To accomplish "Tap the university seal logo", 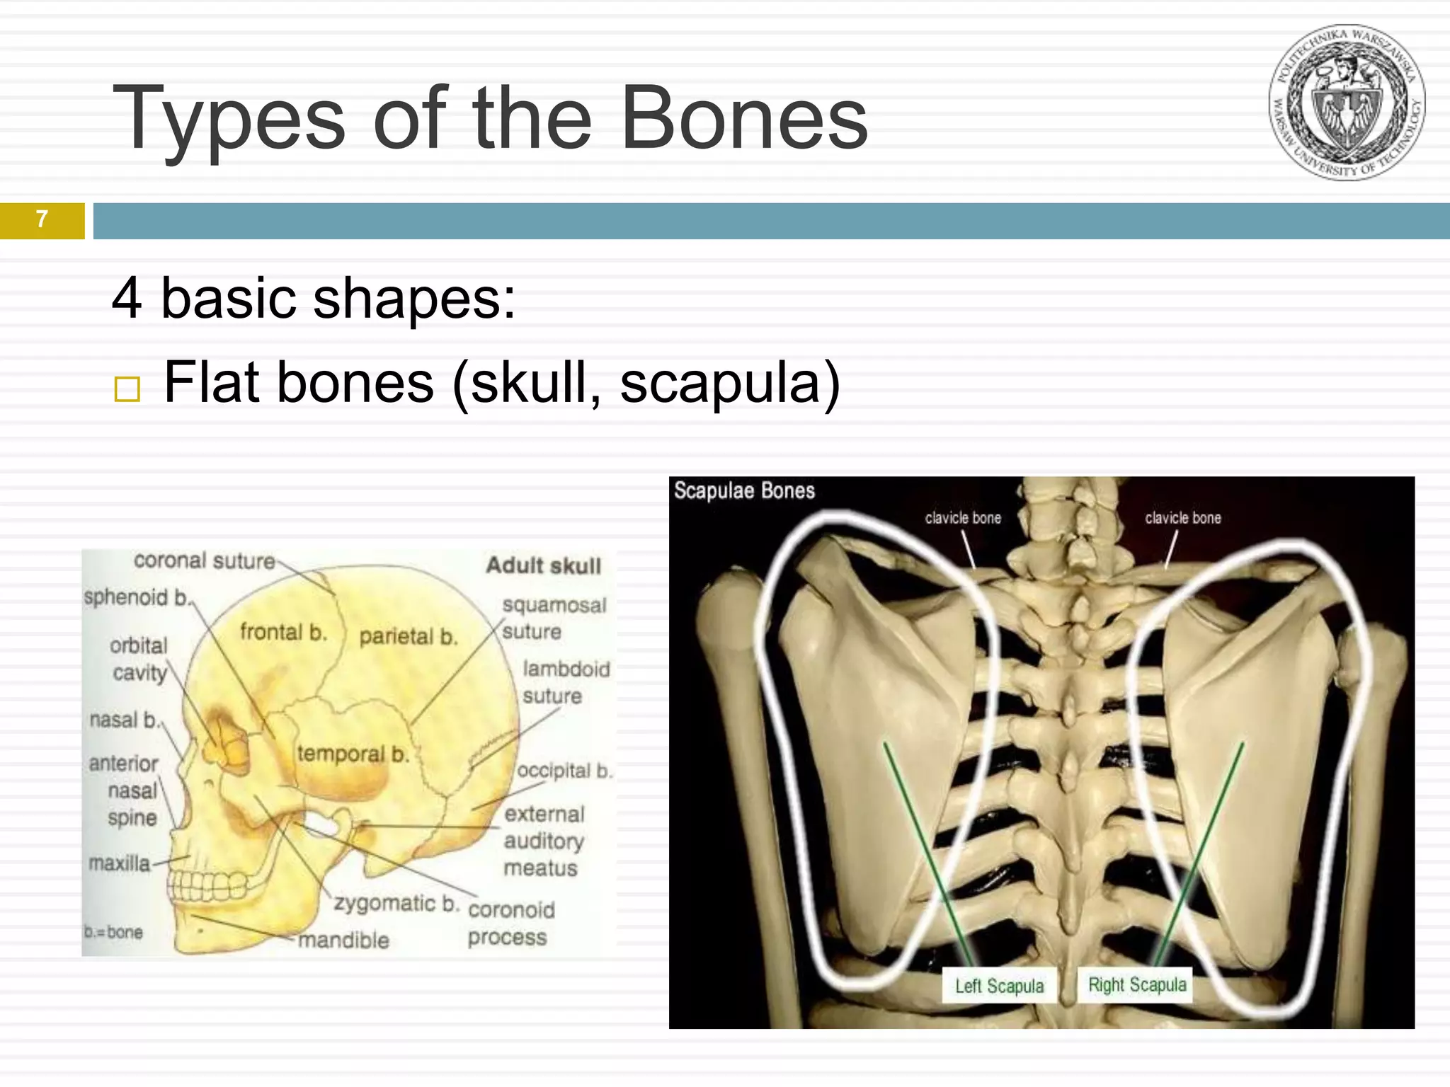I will pyautogui.click(x=1347, y=103).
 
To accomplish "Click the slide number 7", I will pyautogui.click(x=42, y=219).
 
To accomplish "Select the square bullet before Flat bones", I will pyautogui.click(x=127, y=389).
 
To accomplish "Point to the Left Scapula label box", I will pyautogui.click(x=999, y=986).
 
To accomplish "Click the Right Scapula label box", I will pyautogui.click(x=1136, y=984).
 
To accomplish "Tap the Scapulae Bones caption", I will pyautogui.click(x=743, y=490).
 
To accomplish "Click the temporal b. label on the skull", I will pyautogui.click(x=353, y=754).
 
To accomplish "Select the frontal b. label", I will pyautogui.click(x=283, y=631).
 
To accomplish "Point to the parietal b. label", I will pyautogui.click(x=408, y=637).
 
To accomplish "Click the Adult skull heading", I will pyautogui.click(x=543, y=565).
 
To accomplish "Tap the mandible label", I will pyautogui.click(x=343, y=941).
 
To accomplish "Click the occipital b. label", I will pyautogui.click(x=564, y=771).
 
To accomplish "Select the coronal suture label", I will pyautogui.click(x=204, y=560).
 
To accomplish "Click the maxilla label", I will pyautogui.click(x=119, y=863).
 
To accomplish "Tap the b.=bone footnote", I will pyautogui.click(x=113, y=932).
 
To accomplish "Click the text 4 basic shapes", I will pyautogui.click(x=314, y=298).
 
